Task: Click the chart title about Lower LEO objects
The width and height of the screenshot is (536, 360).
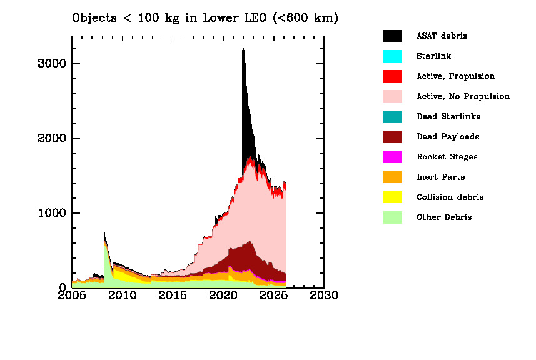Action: pyautogui.click(x=205, y=18)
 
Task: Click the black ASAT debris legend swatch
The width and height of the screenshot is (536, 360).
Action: pyautogui.click(x=392, y=36)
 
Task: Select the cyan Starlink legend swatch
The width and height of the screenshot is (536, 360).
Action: pyautogui.click(x=392, y=56)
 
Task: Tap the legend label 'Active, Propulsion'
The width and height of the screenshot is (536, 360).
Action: pyautogui.click(x=455, y=76)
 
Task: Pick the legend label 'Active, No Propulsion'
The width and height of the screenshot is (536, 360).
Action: pyautogui.click(x=463, y=96)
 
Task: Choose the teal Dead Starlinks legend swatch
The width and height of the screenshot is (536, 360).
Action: pyautogui.click(x=392, y=117)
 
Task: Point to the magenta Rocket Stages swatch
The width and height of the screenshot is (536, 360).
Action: pyautogui.click(x=392, y=157)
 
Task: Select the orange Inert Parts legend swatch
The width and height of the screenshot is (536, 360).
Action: pyautogui.click(x=392, y=177)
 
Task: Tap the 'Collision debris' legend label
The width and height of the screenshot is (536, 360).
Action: pyautogui.click(x=450, y=197)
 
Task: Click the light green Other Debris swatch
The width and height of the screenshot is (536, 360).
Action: pyautogui.click(x=392, y=217)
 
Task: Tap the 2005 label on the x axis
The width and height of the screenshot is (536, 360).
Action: pyautogui.click(x=72, y=294)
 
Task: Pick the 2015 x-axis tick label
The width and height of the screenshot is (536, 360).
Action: pyautogui.click(x=173, y=294)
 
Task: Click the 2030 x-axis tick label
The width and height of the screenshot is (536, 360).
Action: pyautogui.click(x=324, y=294)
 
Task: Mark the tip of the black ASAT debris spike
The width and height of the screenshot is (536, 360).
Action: pyautogui.click(x=243, y=49)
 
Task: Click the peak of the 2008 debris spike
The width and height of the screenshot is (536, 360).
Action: pyautogui.click(x=104, y=232)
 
